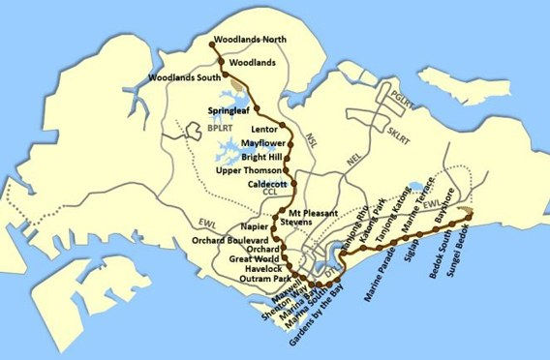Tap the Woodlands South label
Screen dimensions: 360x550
[183, 77]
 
